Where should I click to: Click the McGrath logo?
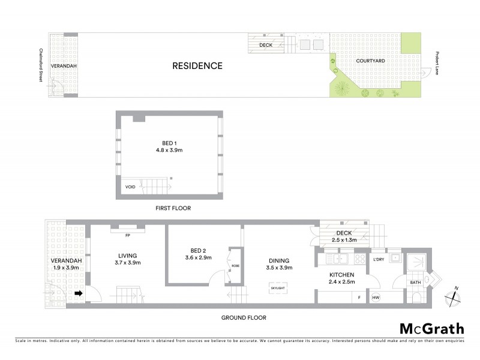pyautogui.click(x=432, y=328)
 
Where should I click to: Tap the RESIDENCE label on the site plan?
pyautogui.click(x=197, y=66)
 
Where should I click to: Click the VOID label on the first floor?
pyautogui.click(x=130, y=187)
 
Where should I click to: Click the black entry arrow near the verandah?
pyautogui.click(x=78, y=293)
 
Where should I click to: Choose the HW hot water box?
pyautogui.click(x=376, y=298)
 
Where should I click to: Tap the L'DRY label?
pyautogui.click(x=379, y=259)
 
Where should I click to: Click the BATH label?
pyautogui.click(x=415, y=282)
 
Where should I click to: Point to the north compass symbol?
pyautogui.click(x=452, y=295)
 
